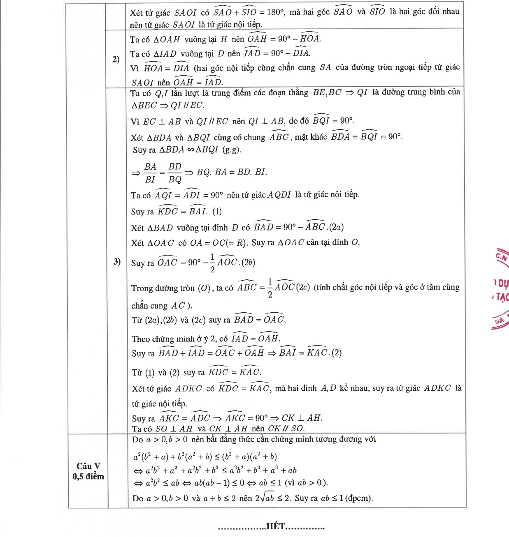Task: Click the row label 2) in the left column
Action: (116, 60)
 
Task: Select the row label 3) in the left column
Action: (117, 262)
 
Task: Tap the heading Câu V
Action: (88, 466)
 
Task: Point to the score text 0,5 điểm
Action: (88, 477)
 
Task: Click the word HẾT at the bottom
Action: (276, 526)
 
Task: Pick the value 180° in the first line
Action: (276, 12)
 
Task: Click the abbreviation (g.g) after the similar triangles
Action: (232, 150)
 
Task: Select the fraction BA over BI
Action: (150, 173)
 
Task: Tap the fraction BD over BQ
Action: (175, 173)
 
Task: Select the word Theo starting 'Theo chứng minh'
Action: (141, 339)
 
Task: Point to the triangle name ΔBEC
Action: (144, 106)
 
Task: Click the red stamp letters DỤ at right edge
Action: (501, 283)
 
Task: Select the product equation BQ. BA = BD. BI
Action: (232, 173)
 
